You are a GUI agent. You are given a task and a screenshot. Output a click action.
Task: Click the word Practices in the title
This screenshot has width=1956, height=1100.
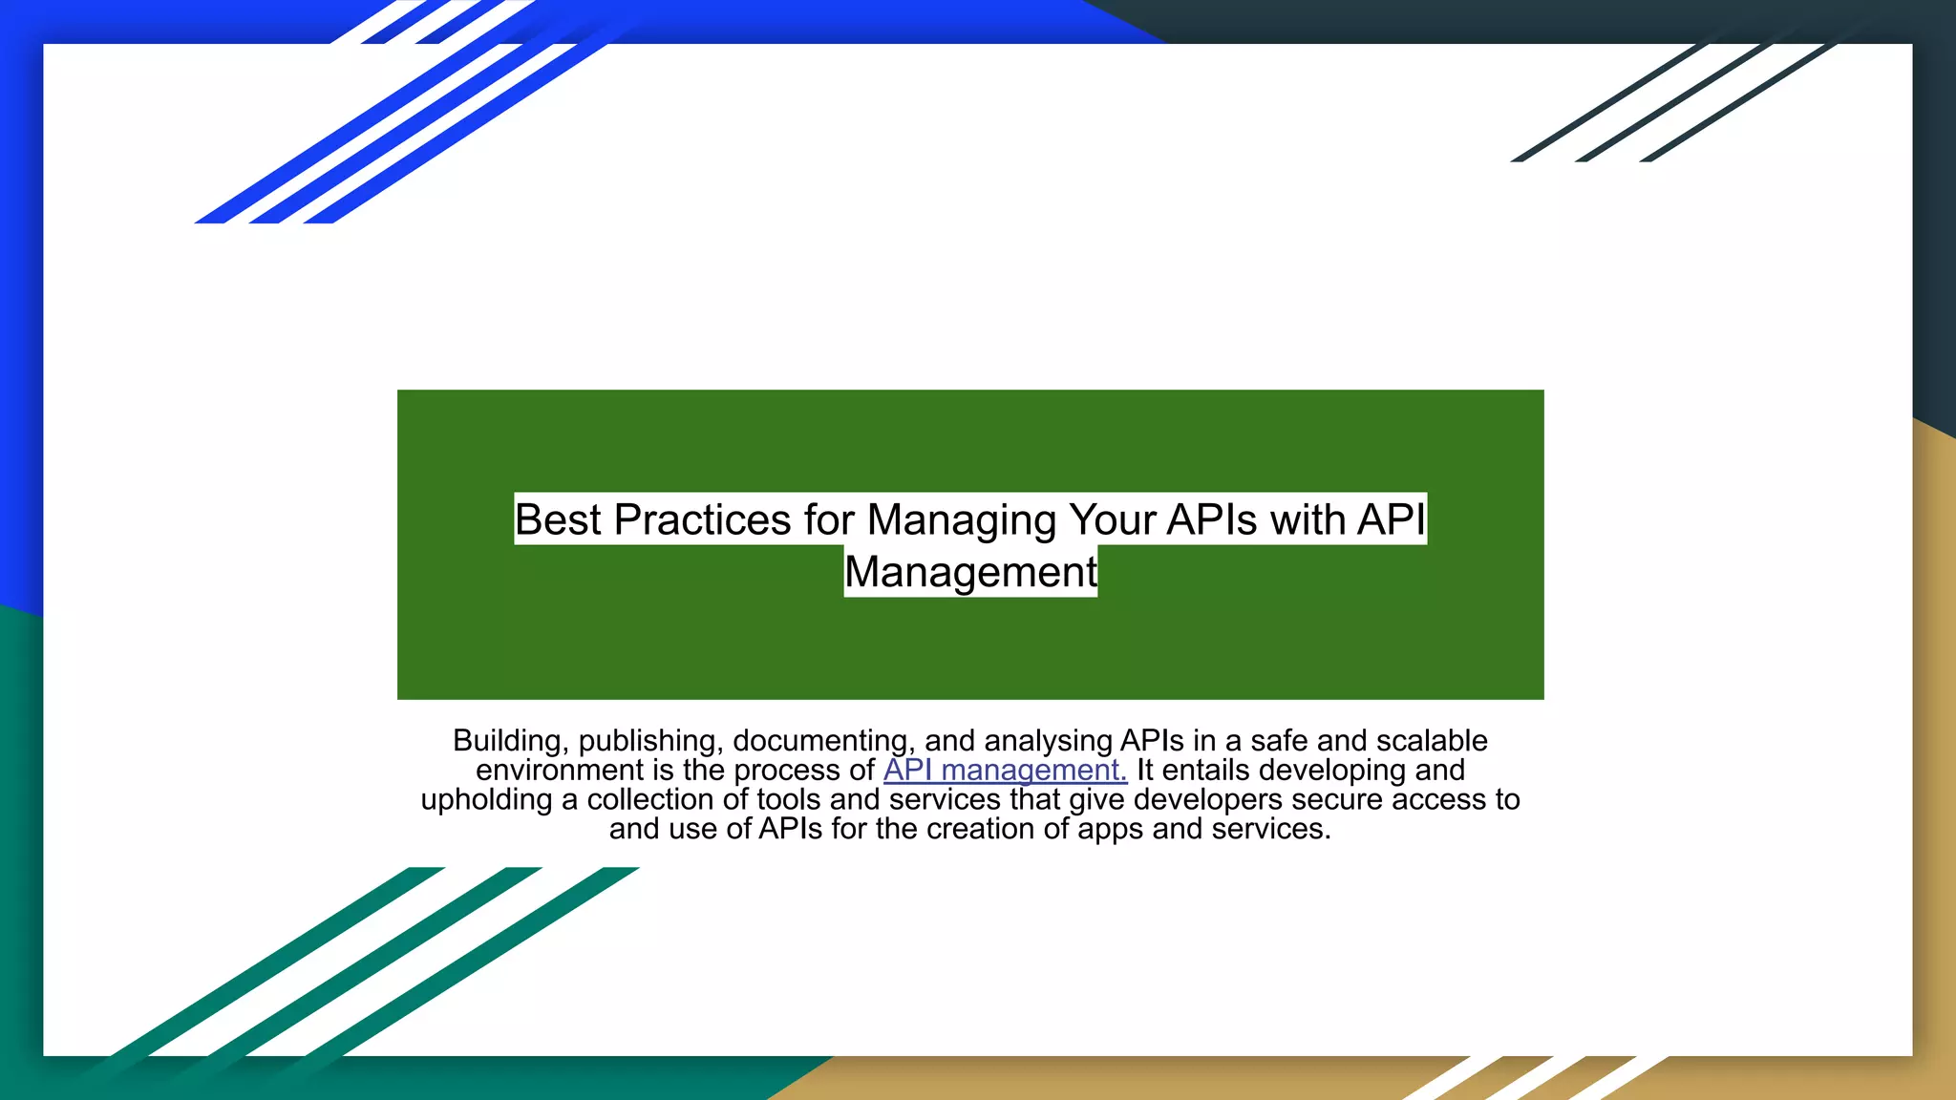702,519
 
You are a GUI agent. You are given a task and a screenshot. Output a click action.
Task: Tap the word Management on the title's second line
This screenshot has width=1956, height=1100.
970,572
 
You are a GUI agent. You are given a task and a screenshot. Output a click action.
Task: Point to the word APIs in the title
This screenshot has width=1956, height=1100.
1212,519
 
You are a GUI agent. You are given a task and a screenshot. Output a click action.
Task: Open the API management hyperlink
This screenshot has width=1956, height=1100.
1005,770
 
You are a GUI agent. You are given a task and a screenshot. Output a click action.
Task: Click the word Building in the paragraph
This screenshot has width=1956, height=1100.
507,741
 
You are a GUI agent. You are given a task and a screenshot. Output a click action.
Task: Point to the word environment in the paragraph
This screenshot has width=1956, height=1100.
560,770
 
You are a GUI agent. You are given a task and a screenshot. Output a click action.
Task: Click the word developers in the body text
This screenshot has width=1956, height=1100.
1208,799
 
